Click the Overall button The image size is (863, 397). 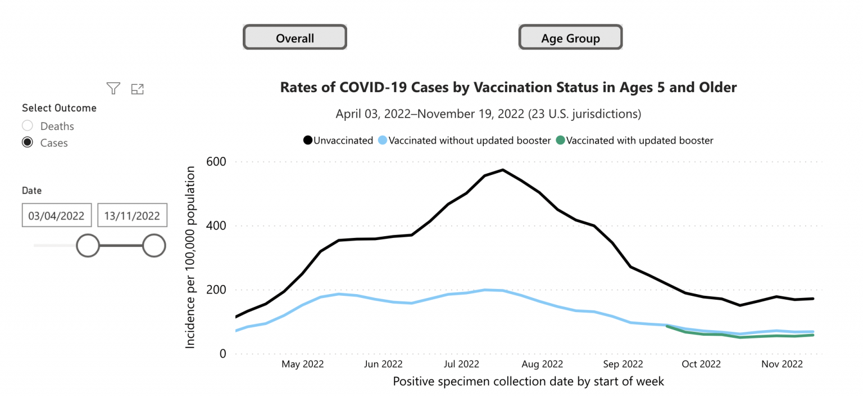coord(294,38)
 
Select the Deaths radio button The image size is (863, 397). coord(28,126)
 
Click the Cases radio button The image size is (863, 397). coord(28,143)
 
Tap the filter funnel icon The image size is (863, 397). coord(113,88)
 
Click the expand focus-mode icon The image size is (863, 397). coord(137,88)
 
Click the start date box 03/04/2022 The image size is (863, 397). coord(56,215)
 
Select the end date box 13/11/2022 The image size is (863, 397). coord(132,215)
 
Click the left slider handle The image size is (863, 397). coord(88,246)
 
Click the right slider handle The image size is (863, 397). coord(153,246)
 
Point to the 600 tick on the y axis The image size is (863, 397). coord(216,162)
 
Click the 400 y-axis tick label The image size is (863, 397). coord(216,226)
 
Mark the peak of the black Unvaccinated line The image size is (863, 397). coord(503,170)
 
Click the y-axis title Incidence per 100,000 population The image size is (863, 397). coord(190,256)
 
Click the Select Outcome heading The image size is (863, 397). coord(59,108)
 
